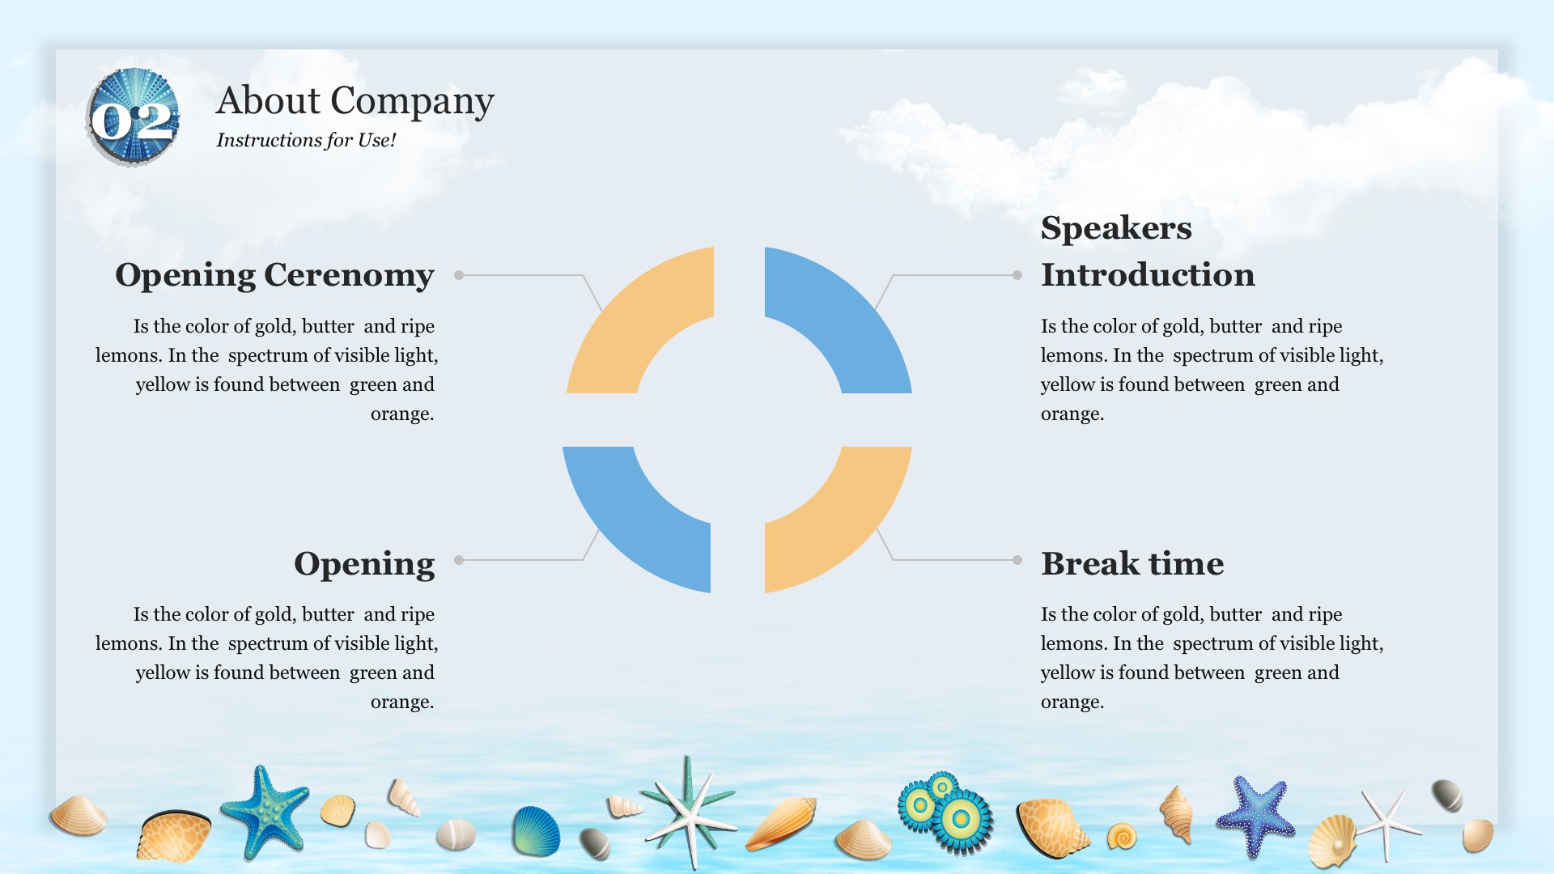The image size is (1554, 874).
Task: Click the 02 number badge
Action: pyautogui.click(x=133, y=118)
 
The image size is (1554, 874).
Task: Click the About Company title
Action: pyautogui.click(x=355, y=102)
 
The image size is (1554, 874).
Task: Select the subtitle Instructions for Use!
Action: pyautogui.click(x=306, y=140)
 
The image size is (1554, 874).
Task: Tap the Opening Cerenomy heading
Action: pyautogui.click(x=274, y=275)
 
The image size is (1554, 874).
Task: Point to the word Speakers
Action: pyautogui.click(x=1116, y=228)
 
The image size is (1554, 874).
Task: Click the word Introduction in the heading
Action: pyautogui.click(x=1148, y=274)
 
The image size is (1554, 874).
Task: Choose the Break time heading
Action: pyautogui.click(x=1132, y=563)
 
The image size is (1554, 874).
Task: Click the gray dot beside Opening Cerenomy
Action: pyautogui.click(x=459, y=275)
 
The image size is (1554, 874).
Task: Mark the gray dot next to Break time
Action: pyautogui.click(x=1017, y=560)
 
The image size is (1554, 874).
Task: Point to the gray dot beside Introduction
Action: pyautogui.click(x=1017, y=275)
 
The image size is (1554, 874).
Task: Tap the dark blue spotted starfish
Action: pyautogui.click(x=1255, y=816)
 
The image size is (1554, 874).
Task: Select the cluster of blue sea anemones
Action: pyautogui.click(x=945, y=812)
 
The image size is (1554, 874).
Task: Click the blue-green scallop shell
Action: pyautogui.click(x=536, y=831)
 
